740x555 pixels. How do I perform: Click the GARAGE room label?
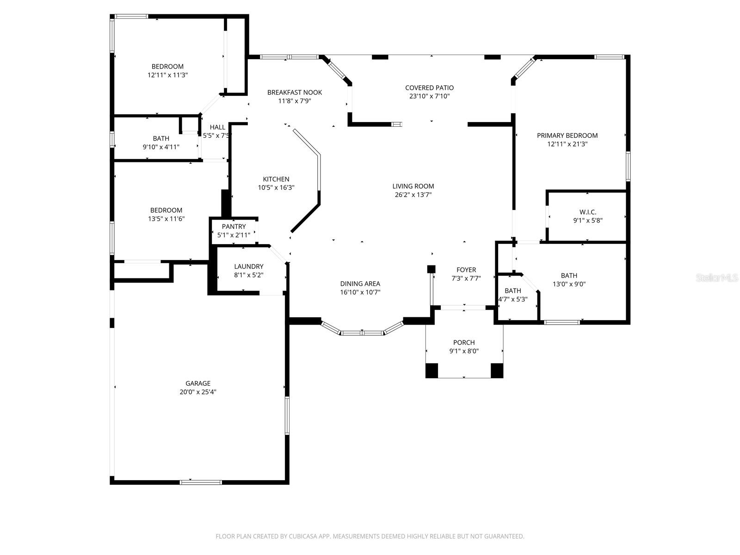click(198, 383)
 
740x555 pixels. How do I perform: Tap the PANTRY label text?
click(234, 227)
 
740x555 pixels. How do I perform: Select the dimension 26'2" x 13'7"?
click(413, 195)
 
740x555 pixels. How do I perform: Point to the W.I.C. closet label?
click(587, 212)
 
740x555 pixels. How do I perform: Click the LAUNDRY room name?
click(248, 266)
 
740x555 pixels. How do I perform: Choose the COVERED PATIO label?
click(429, 88)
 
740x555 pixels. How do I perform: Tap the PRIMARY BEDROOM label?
click(567, 136)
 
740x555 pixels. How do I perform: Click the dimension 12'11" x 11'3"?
click(167, 75)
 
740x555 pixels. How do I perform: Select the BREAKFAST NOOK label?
click(295, 92)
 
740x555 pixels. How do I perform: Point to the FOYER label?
click(466, 270)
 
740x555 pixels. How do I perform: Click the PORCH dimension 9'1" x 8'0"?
click(464, 351)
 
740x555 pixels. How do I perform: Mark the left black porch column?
click(432, 370)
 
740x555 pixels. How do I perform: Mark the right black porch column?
click(497, 370)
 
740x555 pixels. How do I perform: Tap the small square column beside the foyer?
click(431, 269)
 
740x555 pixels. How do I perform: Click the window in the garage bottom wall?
click(201, 482)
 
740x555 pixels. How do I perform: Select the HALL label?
click(217, 127)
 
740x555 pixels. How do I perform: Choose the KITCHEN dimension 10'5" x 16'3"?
click(276, 188)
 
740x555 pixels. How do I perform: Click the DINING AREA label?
click(360, 284)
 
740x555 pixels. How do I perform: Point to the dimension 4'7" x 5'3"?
click(512, 299)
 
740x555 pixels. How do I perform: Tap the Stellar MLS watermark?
click(717, 277)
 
